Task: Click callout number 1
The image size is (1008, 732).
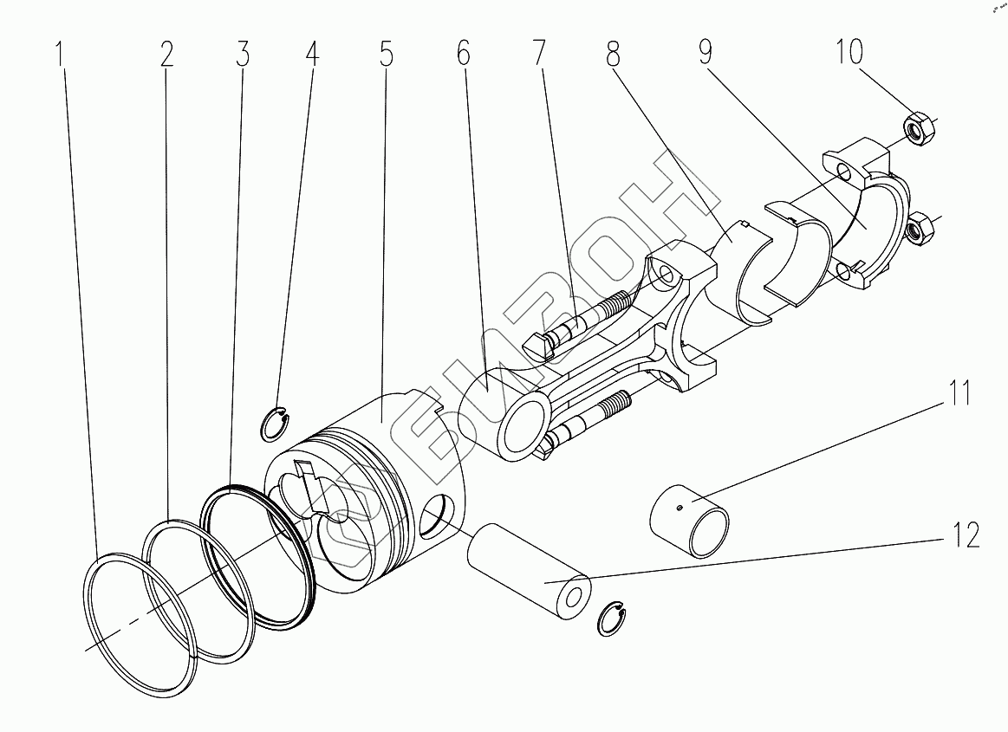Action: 61,55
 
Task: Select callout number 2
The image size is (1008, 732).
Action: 166,55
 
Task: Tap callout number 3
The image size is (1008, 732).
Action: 243,55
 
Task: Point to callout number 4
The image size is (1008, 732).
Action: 312,55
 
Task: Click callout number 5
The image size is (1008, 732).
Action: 386,55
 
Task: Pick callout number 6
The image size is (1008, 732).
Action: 464,53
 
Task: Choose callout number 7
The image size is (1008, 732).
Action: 538,53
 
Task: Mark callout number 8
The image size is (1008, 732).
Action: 614,55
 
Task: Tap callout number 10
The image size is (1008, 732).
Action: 849,51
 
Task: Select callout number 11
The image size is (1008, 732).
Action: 959,392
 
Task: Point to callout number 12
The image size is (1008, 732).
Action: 965,534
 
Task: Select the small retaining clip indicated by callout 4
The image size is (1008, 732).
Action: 274,424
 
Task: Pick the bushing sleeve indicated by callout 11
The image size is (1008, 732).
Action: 690,521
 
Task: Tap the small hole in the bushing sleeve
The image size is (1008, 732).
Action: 680,509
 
